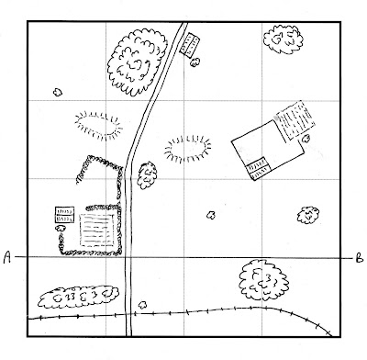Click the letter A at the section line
(7, 257)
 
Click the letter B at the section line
(360, 259)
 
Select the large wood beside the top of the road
(137, 62)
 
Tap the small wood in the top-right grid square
(284, 39)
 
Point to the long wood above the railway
(78, 297)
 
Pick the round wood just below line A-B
(263, 280)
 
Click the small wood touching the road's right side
(147, 175)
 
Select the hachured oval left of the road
(98, 126)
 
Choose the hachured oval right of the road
(188, 149)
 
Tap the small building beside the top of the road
(190, 45)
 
